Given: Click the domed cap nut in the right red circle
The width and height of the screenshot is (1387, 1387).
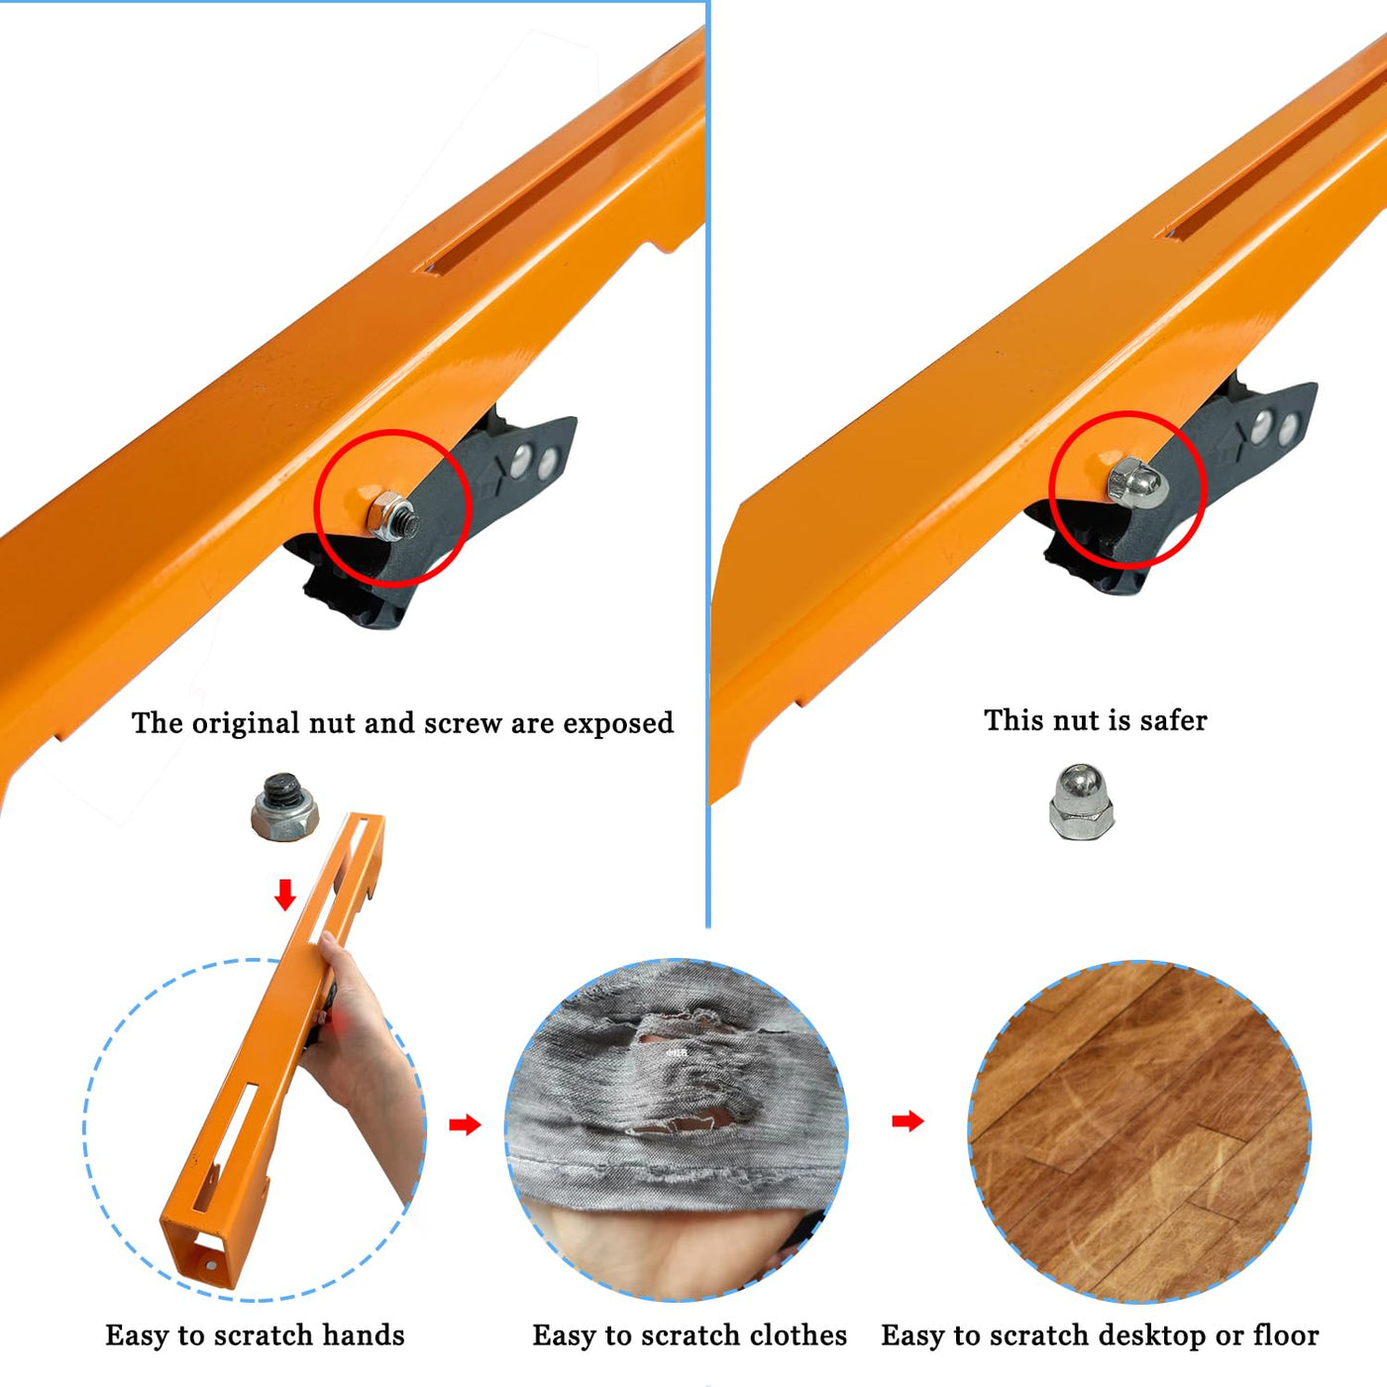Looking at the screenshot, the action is tap(1137, 482).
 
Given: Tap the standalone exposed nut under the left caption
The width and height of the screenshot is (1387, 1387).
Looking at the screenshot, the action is tap(285, 806).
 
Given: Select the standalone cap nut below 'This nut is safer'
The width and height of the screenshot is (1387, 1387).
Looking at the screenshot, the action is tap(1081, 801).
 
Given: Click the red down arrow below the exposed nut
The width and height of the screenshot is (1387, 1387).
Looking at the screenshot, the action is tap(285, 894).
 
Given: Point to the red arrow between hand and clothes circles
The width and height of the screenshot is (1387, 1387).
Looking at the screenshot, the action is tap(465, 1123).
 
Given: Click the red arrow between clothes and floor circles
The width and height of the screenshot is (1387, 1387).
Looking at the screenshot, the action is tap(907, 1120).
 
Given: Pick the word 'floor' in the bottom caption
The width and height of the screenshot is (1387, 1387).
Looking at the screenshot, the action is tap(1286, 1335).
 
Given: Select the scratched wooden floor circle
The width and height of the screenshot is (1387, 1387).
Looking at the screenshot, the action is tap(1138, 1130).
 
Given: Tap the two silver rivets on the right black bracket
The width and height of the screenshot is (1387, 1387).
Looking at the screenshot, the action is tap(1275, 427).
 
